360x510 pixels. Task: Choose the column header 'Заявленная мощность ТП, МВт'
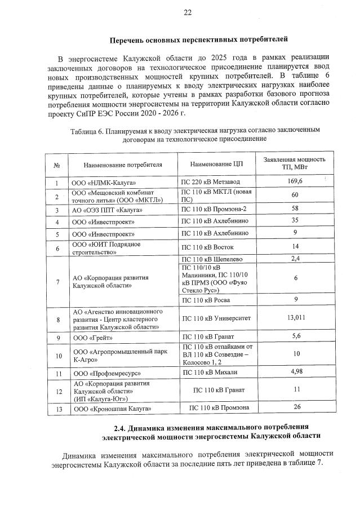pyautogui.click(x=295, y=163)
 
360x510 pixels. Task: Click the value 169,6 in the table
pyautogui.click(x=295, y=181)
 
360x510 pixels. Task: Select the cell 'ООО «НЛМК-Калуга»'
pyautogui.click(x=104, y=183)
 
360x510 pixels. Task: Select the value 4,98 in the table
pyautogui.click(x=295, y=372)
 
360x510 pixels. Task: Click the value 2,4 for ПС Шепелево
pyautogui.click(x=294, y=259)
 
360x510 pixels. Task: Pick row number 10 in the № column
pyautogui.click(x=57, y=356)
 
